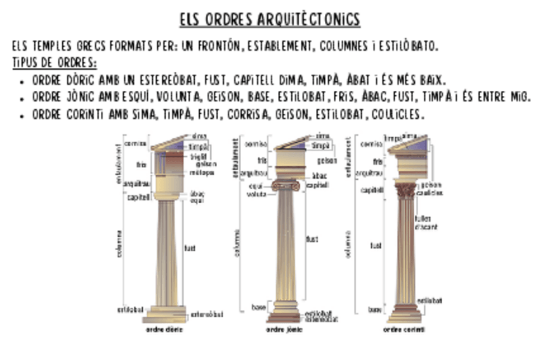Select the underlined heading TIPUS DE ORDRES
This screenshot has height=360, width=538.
pos(54,63)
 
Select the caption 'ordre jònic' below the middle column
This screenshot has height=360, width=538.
pos(284,330)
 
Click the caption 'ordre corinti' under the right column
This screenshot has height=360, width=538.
pos(404,330)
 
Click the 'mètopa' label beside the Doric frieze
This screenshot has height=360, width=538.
pos(202,172)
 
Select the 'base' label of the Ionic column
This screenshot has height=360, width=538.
pos(258,307)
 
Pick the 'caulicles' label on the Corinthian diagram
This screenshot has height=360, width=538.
pos(430,192)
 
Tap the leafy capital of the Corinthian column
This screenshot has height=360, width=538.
pos(405,190)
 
